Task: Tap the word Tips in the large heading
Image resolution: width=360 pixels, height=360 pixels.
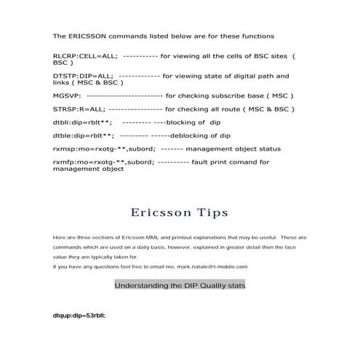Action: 207,212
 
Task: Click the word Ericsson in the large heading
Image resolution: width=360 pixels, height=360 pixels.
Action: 159,212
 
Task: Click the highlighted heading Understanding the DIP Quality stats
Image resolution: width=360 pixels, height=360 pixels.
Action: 180,286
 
